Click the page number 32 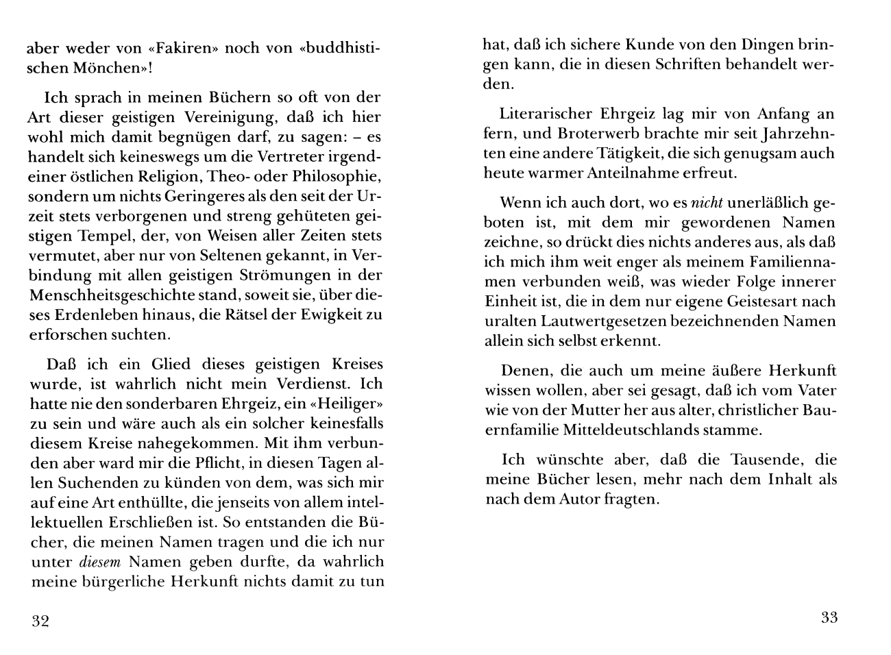point(40,621)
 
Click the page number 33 point(829,617)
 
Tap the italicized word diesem point(101,563)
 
